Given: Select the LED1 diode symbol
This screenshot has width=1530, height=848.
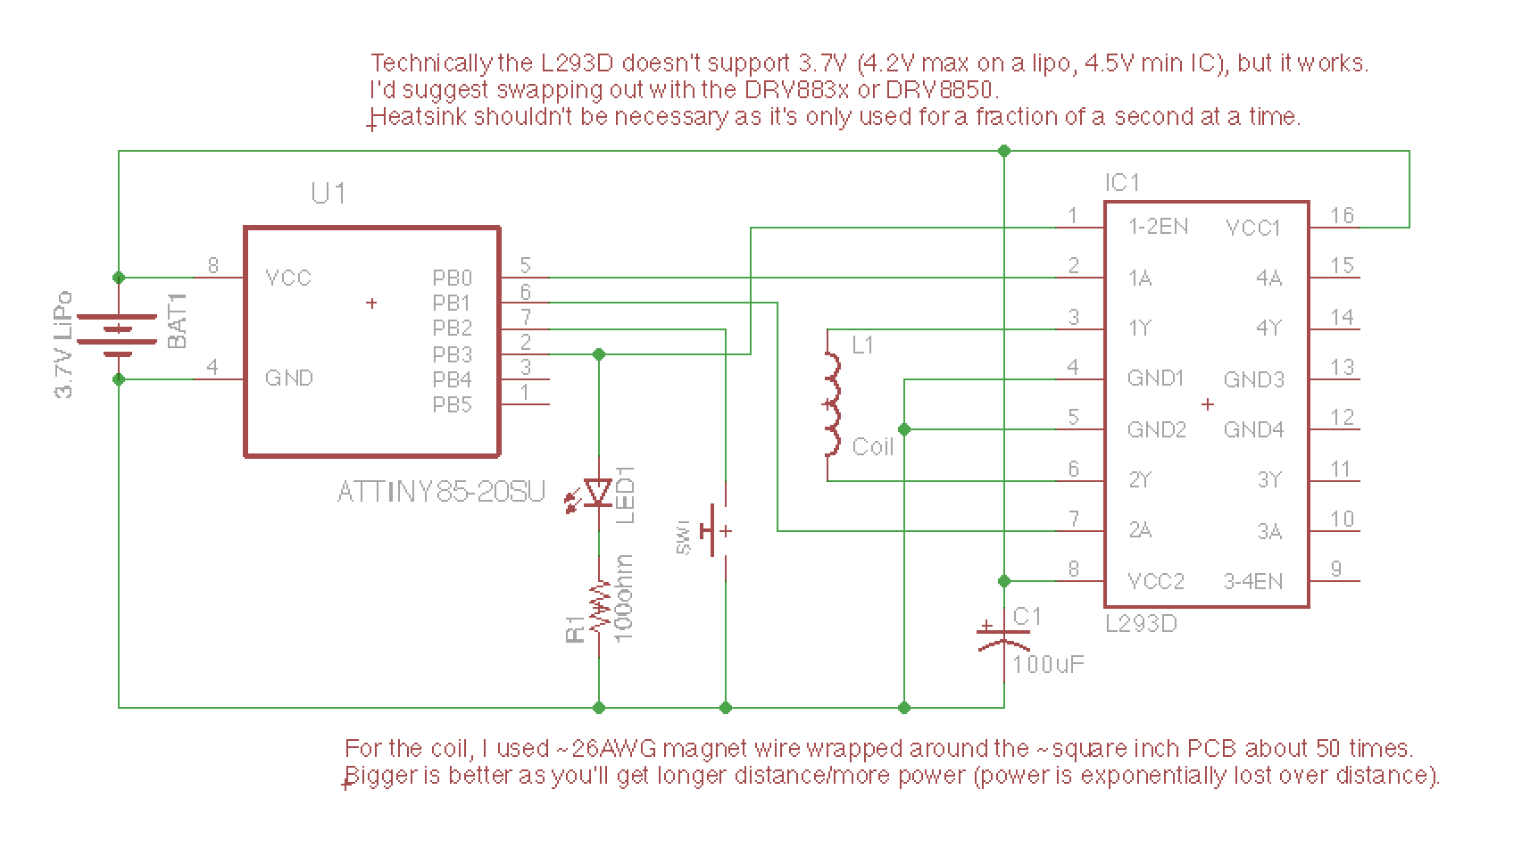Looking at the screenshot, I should [598, 492].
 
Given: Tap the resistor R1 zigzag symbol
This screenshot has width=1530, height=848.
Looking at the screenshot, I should [598, 608].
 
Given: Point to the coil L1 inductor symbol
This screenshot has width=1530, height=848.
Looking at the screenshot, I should [832, 406].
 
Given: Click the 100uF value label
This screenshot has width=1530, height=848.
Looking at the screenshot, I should [1049, 665].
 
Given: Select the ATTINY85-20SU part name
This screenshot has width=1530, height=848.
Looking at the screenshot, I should [441, 492].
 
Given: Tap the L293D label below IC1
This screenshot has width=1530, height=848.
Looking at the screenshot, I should [1141, 623].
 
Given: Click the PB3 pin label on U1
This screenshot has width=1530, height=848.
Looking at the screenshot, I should [452, 354].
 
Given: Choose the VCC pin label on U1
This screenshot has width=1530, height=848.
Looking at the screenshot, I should [288, 278].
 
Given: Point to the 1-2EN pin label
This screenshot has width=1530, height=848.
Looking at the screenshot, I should [1158, 227].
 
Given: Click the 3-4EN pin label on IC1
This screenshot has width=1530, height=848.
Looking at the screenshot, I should [1253, 582].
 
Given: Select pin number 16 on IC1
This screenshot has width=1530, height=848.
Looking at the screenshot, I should [1342, 215].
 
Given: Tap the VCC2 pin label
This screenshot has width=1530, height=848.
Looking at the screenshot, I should [1156, 582].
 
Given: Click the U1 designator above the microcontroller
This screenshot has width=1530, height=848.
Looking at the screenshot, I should [328, 193].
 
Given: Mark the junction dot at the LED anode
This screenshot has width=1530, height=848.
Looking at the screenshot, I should [599, 354].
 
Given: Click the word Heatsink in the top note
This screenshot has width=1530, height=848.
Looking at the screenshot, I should [418, 117].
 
